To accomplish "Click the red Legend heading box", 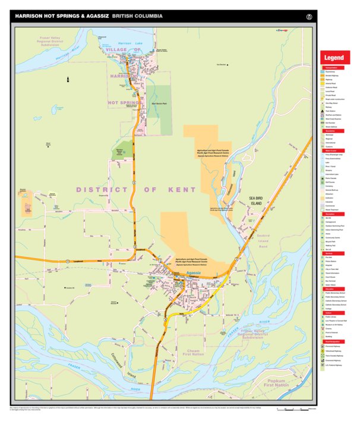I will (333, 58).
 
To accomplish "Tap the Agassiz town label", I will (194, 272).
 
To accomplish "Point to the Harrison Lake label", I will (125, 43).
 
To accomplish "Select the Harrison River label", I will (67, 53).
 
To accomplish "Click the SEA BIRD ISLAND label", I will (256, 200).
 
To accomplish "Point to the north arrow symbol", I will (68, 79).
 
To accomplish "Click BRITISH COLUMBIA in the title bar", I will (138, 16).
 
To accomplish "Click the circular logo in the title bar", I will (309, 16).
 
